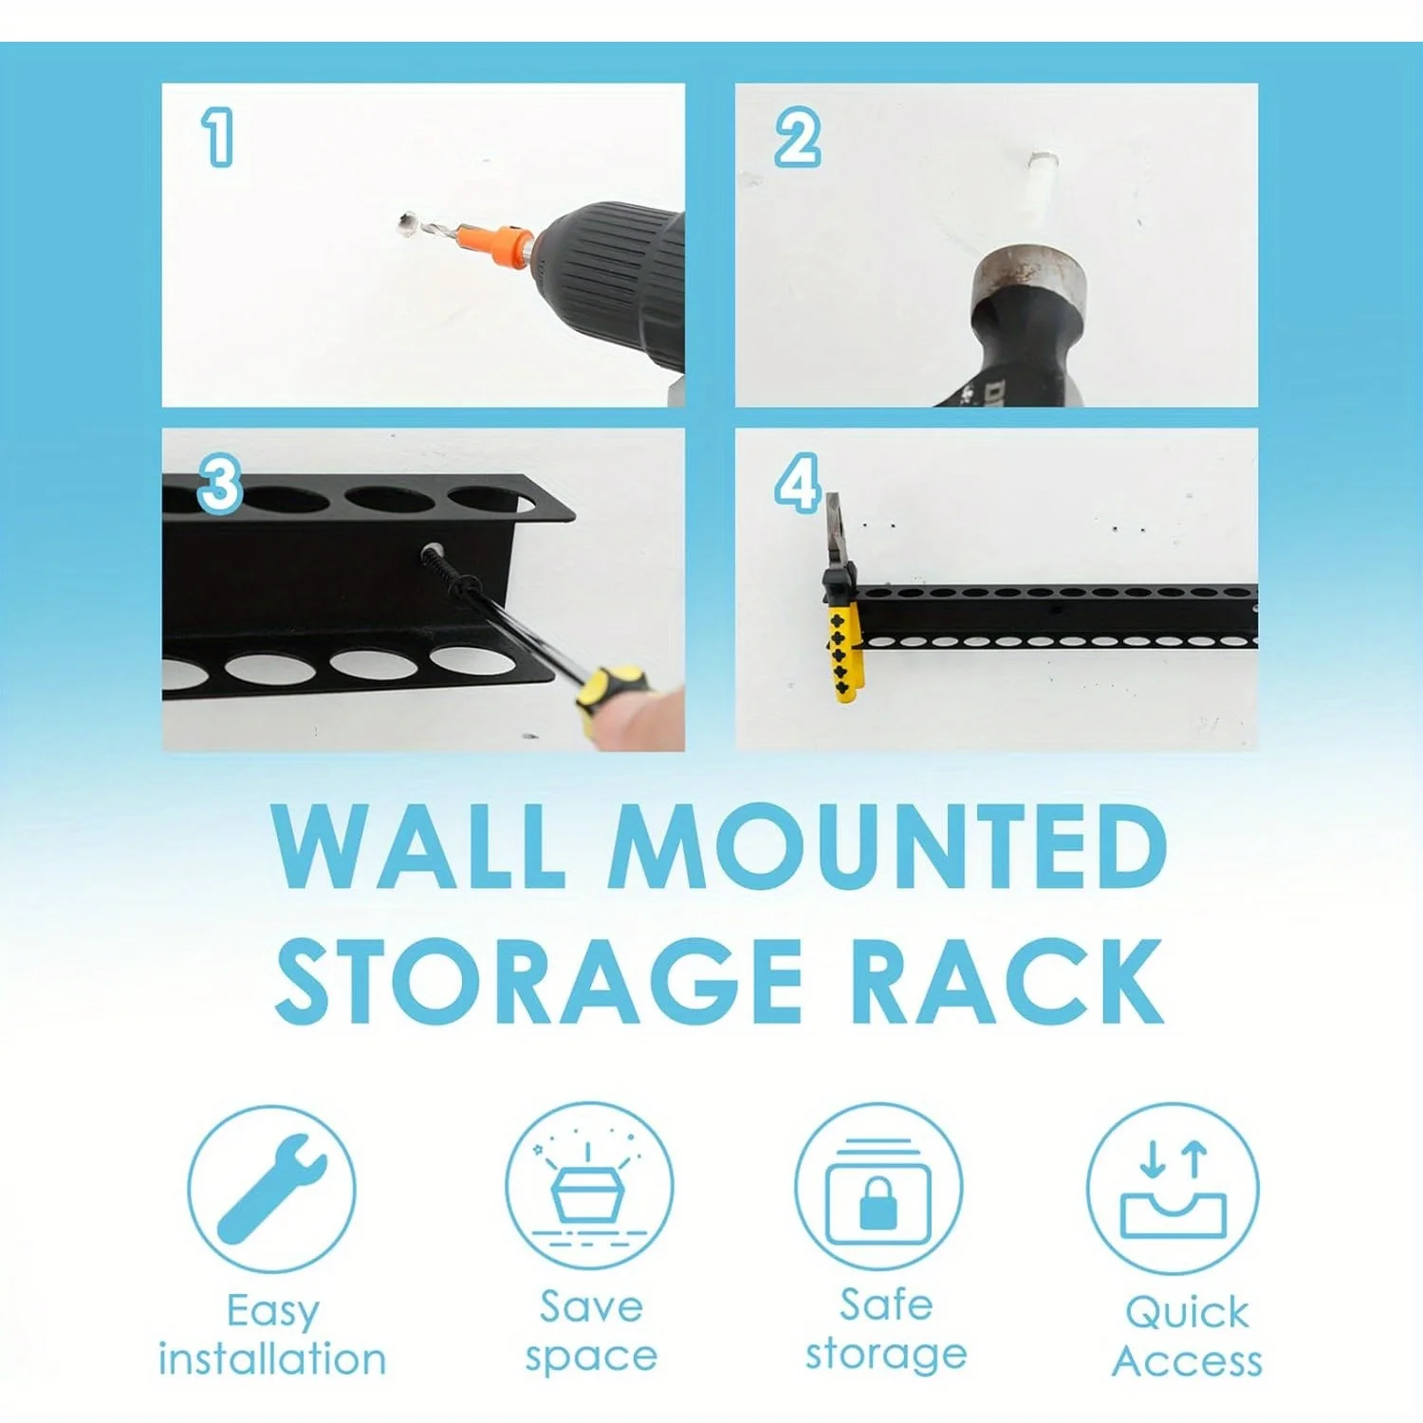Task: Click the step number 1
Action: coord(218,137)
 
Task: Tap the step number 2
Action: coord(798,138)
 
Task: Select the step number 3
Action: coord(220,483)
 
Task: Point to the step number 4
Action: coord(798,483)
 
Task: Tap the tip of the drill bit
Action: coord(403,224)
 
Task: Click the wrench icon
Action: coord(271,1188)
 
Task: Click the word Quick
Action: coord(1187,1312)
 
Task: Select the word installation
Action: coord(272,1358)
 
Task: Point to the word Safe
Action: coord(886,1304)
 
